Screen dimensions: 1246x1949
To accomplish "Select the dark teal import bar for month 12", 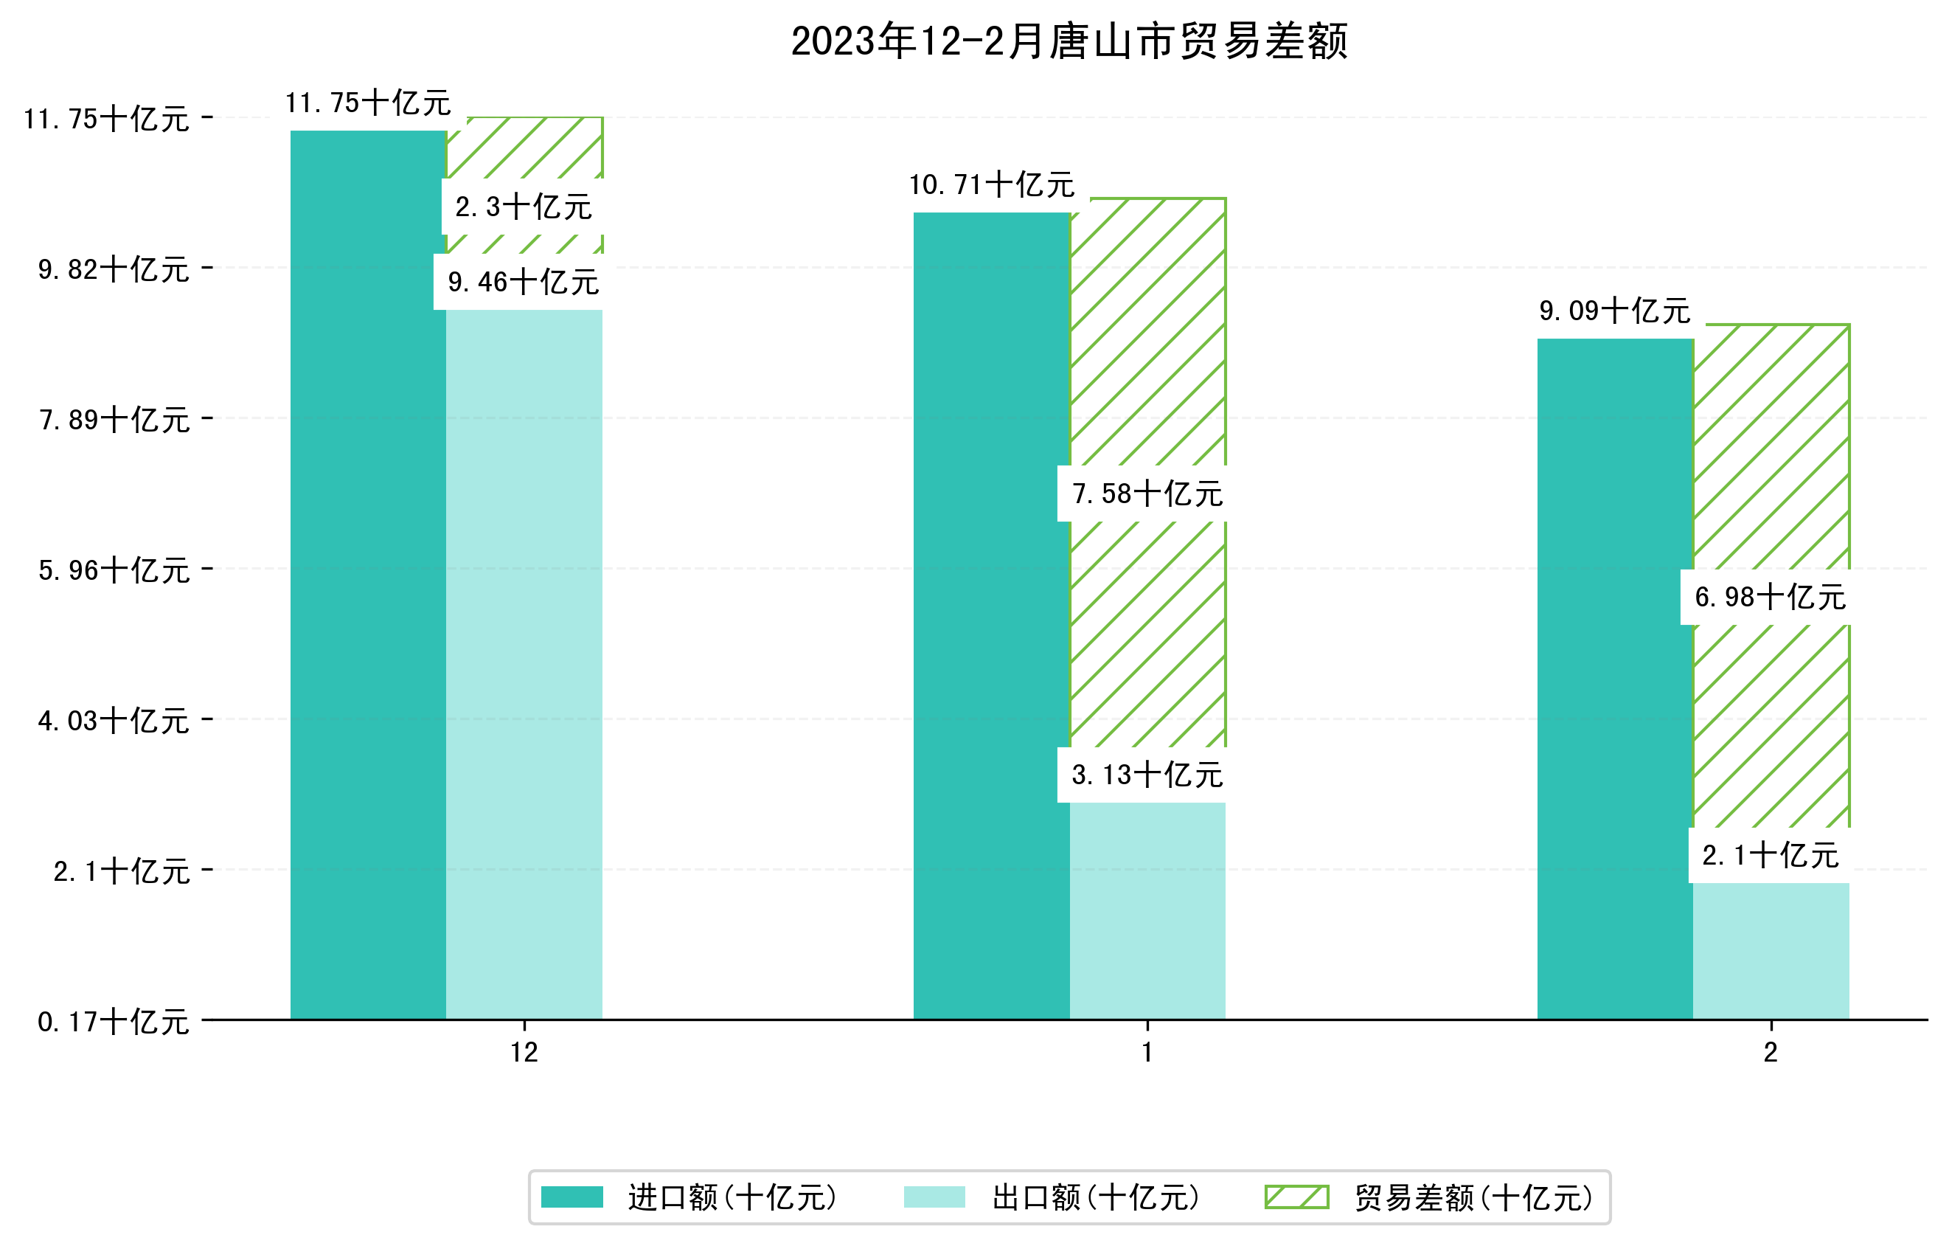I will pos(368,575).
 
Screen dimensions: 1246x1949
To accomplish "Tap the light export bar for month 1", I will pos(1147,911).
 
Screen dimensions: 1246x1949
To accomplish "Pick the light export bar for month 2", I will pos(1771,952).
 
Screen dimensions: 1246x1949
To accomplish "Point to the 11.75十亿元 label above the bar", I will pos(368,103).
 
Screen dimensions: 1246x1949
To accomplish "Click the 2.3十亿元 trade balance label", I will pos(524,207).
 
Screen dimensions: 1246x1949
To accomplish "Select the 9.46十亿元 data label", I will pos(524,282).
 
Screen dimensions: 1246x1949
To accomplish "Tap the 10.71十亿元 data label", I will pos(992,184).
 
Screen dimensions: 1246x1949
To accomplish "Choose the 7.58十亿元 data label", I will pos(1147,493).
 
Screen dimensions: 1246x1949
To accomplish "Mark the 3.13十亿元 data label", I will pos(1147,775).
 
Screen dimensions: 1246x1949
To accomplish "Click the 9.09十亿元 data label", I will pos(1615,310).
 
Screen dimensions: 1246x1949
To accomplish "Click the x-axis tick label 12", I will pos(524,1052).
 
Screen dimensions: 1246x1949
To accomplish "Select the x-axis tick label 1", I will pos(1147,1052).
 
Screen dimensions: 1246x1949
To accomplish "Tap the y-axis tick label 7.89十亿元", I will pos(114,419).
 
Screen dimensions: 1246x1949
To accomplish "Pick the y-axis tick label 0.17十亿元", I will pos(114,1022).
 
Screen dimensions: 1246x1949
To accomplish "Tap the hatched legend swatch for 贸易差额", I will pos(1296,1197).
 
